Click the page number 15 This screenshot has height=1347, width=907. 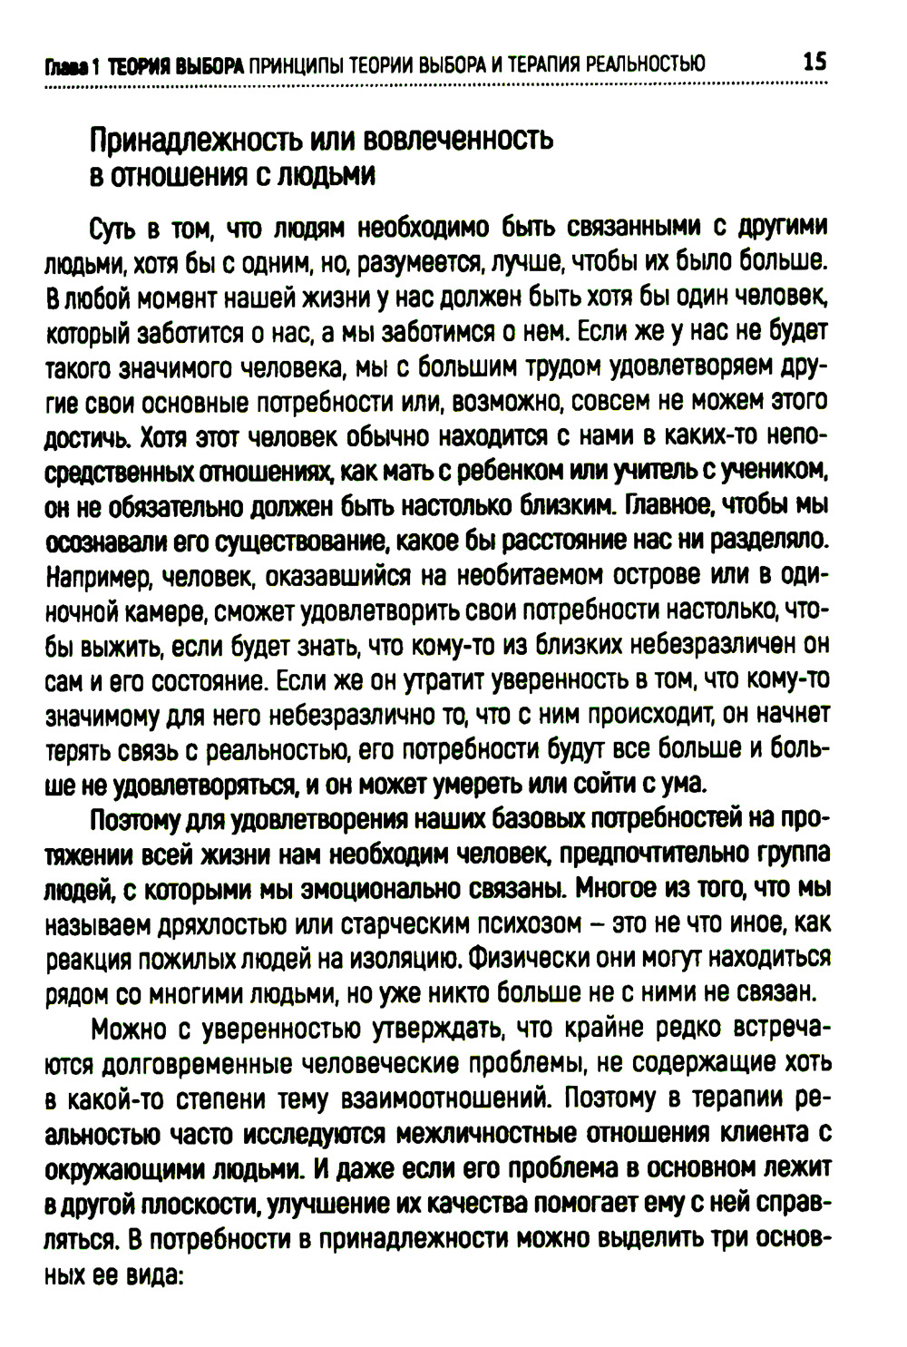814,63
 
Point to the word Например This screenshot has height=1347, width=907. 92,577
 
